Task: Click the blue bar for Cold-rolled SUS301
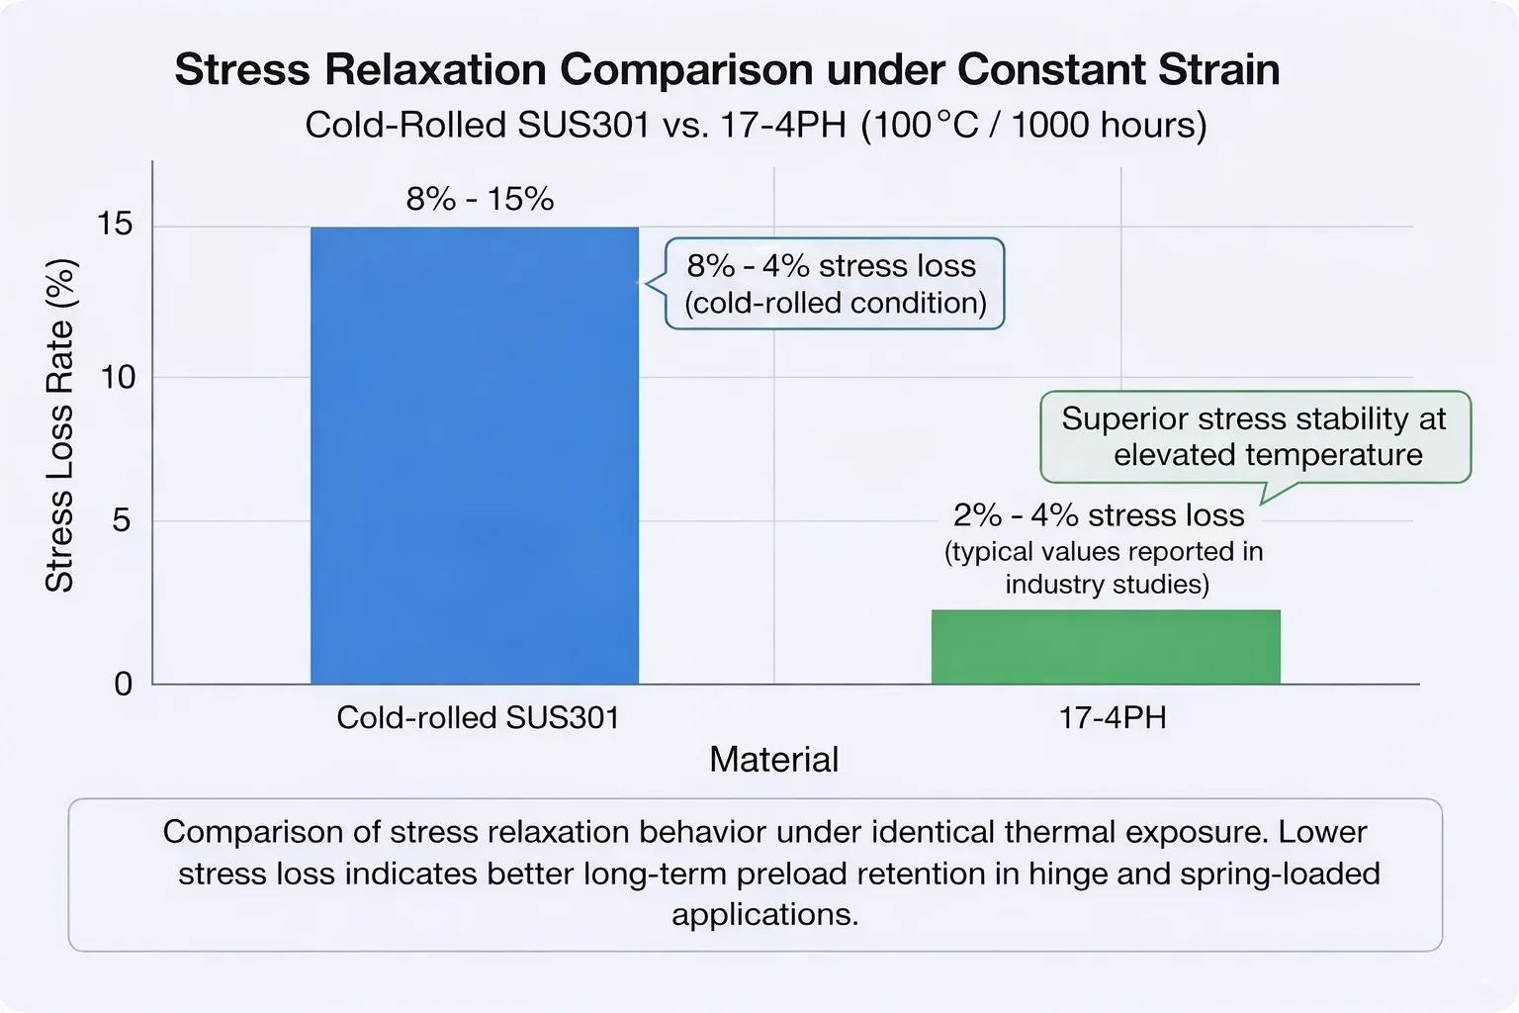(x=475, y=455)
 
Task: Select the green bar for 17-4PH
(x=1106, y=647)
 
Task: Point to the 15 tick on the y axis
(x=115, y=225)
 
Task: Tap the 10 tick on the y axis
(x=117, y=377)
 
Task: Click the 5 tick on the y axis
(x=121, y=520)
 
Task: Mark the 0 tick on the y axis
(x=123, y=684)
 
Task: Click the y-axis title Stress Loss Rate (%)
(x=59, y=425)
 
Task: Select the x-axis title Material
(x=773, y=760)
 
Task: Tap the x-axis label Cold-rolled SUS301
(x=478, y=717)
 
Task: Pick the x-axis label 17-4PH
(x=1113, y=717)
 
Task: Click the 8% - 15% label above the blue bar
(x=480, y=200)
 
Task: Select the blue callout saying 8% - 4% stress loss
(x=835, y=284)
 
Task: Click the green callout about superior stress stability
(x=1254, y=436)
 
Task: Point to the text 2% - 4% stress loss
(x=1098, y=515)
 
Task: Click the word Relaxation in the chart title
(x=435, y=70)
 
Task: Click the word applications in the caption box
(x=763, y=914)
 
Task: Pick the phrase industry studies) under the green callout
(x=1107, y=584)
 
